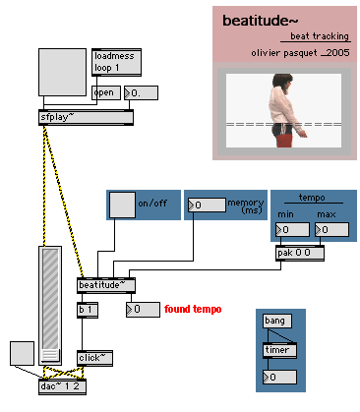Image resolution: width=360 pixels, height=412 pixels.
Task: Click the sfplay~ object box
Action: (86, 117)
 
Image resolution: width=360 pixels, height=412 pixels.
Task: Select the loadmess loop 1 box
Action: (116, 62)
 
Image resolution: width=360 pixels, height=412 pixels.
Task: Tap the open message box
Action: (106, 92)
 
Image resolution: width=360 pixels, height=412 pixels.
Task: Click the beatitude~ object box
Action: (106, 285)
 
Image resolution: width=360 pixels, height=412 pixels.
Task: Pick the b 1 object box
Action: (88, 310)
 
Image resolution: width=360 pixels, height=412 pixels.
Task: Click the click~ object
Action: (94, 358)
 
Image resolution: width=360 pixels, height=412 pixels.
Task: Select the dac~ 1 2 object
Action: (62, 386)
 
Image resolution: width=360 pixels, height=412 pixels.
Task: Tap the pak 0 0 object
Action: (300, 253)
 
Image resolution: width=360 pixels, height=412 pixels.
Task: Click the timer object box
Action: (279, 350)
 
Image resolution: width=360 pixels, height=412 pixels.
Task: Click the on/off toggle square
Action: (122, 205)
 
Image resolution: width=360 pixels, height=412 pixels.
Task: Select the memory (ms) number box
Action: (207, 205)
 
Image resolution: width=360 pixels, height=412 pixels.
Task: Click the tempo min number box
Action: (292, 230)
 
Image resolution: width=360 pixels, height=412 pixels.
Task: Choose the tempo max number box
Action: (331, 230)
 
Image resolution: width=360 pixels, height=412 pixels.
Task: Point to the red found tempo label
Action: (193, 309)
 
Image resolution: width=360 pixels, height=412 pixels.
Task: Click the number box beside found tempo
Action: (143, 310)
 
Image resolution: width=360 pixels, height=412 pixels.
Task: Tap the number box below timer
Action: (279, 378)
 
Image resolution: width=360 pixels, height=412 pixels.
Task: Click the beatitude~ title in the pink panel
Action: (261, 21)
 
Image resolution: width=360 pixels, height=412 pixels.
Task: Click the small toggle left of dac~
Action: (22, 353)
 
